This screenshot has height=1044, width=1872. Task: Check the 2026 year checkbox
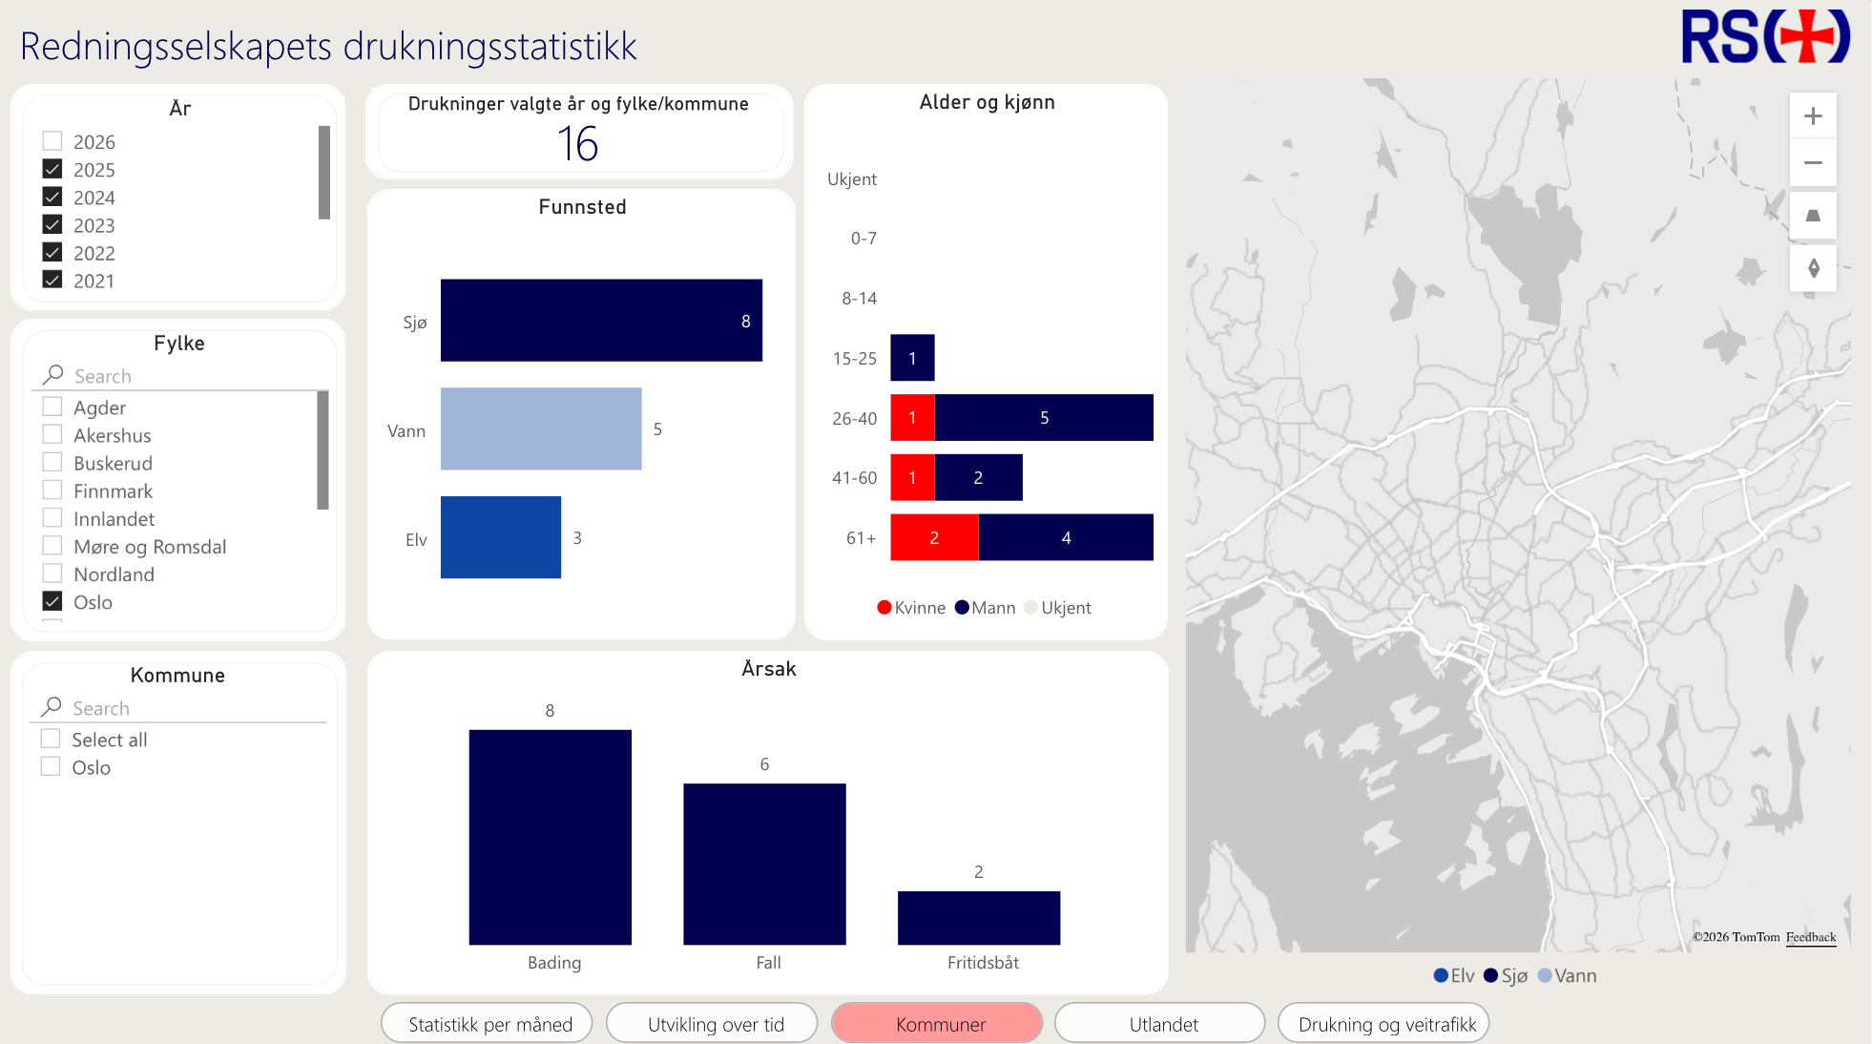pyautogui.click(x=52, y=141)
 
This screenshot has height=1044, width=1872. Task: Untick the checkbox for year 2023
pyautogui.click(x=52, y=225)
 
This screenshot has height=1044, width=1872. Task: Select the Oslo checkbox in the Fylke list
pyautogui.click(x=52, y=602)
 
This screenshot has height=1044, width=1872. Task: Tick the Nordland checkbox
pyautogui.click(x=52, y=574)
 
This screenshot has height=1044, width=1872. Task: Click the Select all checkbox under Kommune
pyautogui.click(x=52, y=740)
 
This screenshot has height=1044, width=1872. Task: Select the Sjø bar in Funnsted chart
pyautogui.click(x=601, y=321)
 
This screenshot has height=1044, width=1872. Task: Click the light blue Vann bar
pyautogui.click(x=541, y=428)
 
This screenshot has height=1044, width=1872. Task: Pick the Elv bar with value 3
pyautogui.click(x=501, y=537)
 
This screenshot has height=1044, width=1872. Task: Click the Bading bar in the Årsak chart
pyautogui.click(x=551, y=837)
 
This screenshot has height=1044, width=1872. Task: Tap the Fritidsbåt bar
pyautogui.click(x=979, y=918)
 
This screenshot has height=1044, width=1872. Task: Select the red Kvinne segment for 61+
pyautogui.click(x=934, y=537)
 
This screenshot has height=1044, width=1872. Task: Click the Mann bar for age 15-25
pyautogui.click(x=912, y=358)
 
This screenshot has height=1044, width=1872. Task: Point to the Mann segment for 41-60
pyautogui.click(x=978, y=477)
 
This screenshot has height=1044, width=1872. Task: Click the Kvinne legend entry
pyautogui.click(x=912, y=608)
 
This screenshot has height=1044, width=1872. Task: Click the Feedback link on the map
pyautogui.click(x=1810, y=937)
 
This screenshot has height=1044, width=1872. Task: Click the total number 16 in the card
pyautogui.click(x=578, y=145)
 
